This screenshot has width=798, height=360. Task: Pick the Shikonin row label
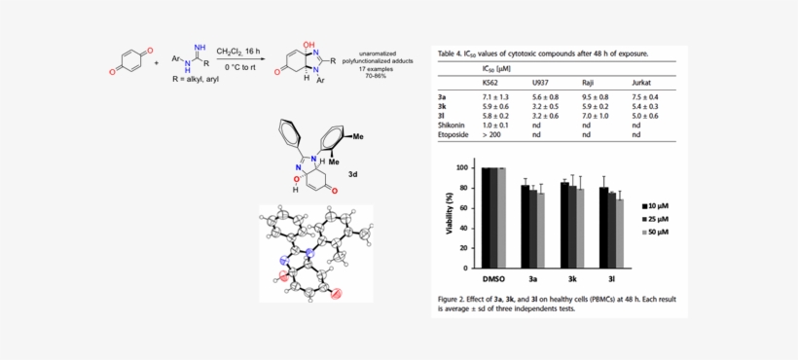coord(453,126)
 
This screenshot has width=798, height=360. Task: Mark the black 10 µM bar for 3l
coord(603,226)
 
